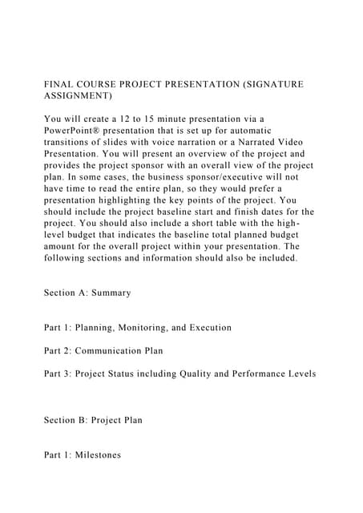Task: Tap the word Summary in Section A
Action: [111, 293]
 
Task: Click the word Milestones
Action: [95, 454]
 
